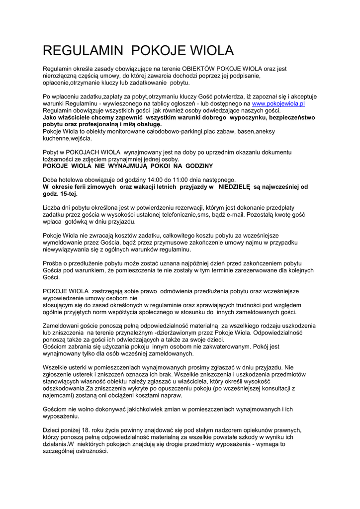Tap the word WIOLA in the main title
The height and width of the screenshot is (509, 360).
[209, 51]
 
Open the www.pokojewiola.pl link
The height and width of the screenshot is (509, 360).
[278, 103]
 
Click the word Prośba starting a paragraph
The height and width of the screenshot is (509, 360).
[54, 262]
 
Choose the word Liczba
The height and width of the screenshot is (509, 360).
[53, 207]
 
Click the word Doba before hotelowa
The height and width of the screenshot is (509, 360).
[51, 179]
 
